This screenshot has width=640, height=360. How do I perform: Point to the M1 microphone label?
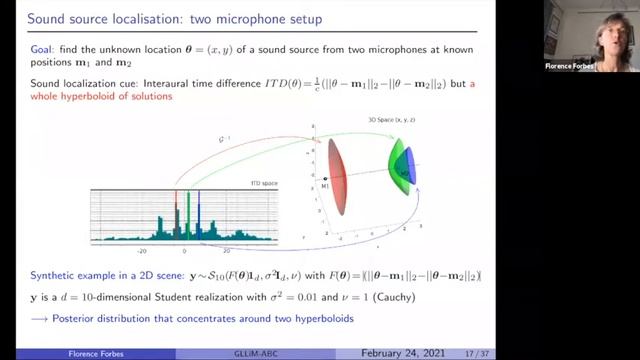click(x=324, y=187)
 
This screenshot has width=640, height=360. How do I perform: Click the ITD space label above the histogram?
click(x=263, y=183)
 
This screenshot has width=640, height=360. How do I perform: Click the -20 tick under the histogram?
click(x=141, y=251)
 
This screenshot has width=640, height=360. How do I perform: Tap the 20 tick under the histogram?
click(x=227, y=251)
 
